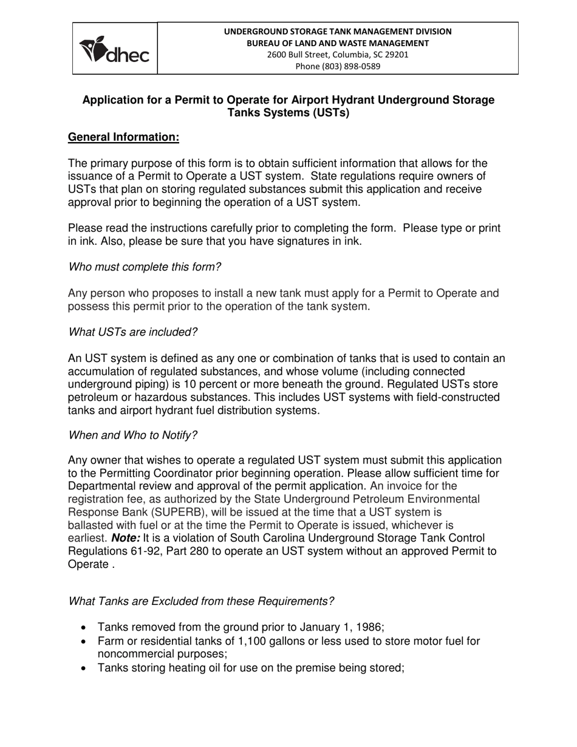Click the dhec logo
pyautogui.click(x=115, y=49)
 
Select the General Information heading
pyautogui.click(x=123, y=137)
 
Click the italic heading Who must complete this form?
pyautogui.click(x=145, y=267)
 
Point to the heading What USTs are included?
pyautogui.click(x=132, y=332)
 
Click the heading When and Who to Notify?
pyautogui.click(x=132, y=435)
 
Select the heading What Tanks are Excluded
pyautogui.click(x=201, y=601)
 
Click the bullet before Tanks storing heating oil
pyautogui.click(x=84, y=668)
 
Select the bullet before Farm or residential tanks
pyautogui.click(x=84, y=642)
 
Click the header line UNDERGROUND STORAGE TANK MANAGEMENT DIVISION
pyautogui.click(x=338, y=32)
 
